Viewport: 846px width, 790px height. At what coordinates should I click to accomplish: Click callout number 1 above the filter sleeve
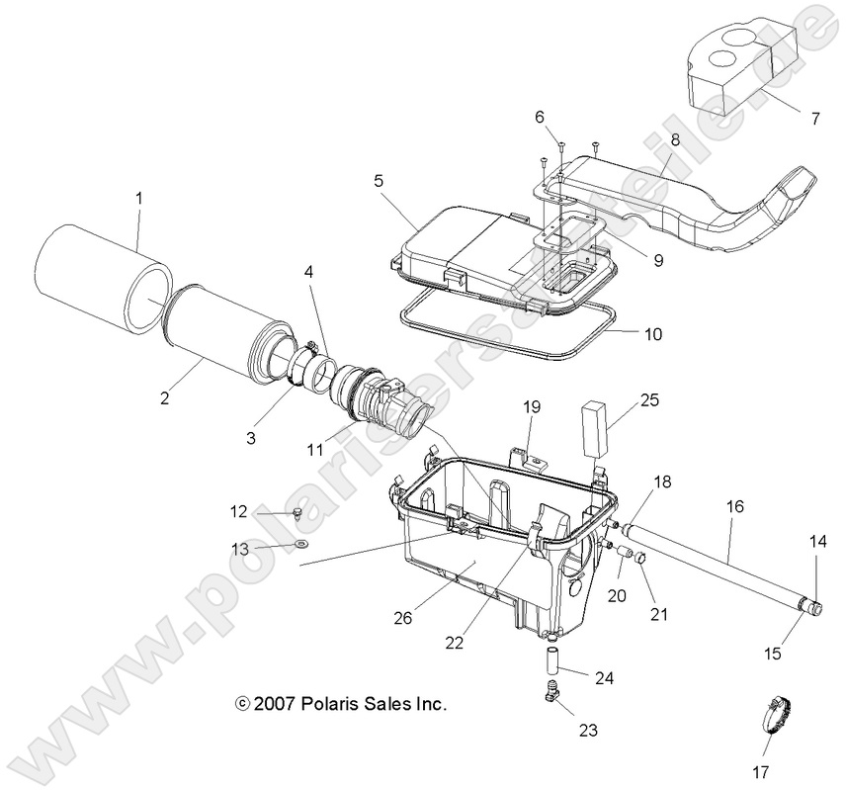click(139, 198)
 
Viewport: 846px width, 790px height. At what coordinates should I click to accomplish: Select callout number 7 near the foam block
click(814, 120)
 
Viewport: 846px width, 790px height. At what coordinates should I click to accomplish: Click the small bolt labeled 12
click(296, 512)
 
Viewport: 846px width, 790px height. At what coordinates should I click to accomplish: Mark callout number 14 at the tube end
click(817, 542)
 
